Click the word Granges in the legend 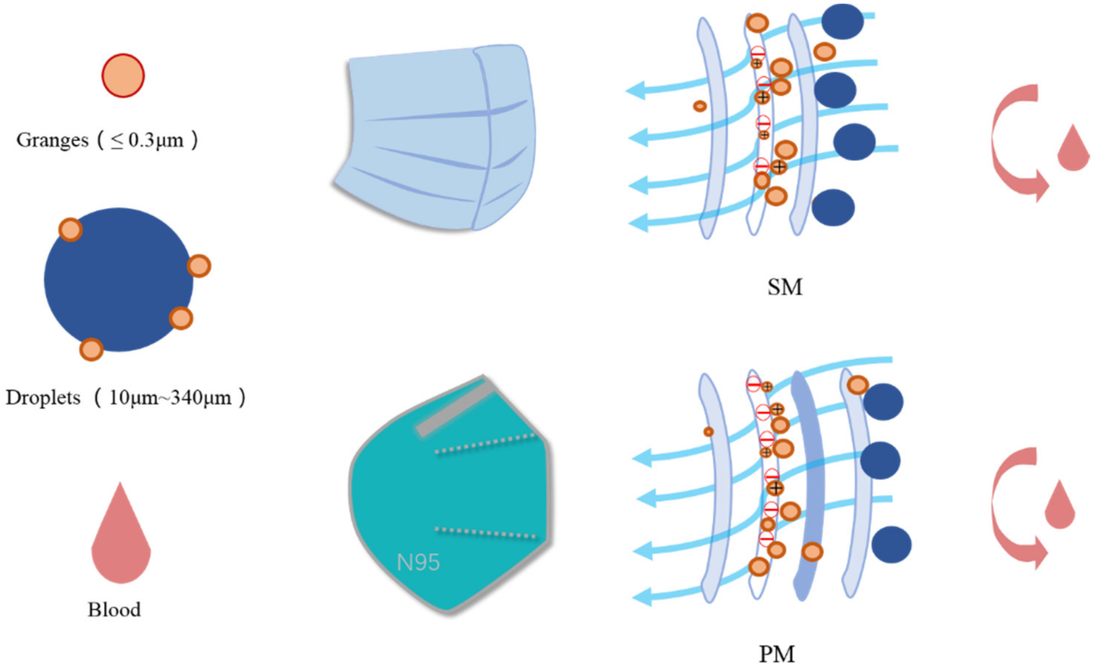tap(52, 140)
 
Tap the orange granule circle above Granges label tap(123, 76)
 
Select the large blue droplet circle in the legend tap(118, 280)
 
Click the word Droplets tap(43, 398)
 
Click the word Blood tap(114, 610)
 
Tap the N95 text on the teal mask tap(418, 562)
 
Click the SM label tap(785, 287)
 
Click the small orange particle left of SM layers tap(700, 107)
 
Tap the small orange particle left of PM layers tap(708, 432)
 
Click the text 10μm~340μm tap(170, 398)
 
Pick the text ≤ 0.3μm tap(147, 140)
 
